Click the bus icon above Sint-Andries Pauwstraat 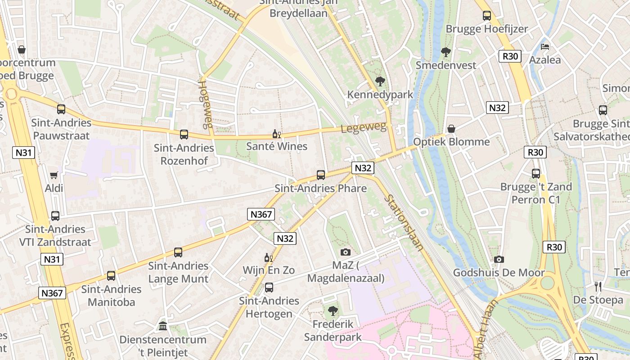(61, 109)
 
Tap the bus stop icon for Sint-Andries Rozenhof (184, 134)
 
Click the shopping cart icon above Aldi (54, 175)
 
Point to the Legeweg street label (364, 128)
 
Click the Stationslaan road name (404, 223)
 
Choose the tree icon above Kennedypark (380, 81)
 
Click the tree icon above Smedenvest (446, 52)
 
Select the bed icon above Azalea (545, 47)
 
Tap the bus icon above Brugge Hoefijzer (487, 16)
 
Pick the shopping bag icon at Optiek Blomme (451, 129)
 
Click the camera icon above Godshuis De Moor (499, 259)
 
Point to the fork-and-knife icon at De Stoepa (598, 286)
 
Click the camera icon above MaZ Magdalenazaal (346, 252)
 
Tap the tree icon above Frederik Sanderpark (333, 310)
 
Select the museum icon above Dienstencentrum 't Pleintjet (163, 326)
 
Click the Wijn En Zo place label (269, 270)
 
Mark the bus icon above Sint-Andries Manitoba (111, 276)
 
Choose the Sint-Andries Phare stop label (321, 188)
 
